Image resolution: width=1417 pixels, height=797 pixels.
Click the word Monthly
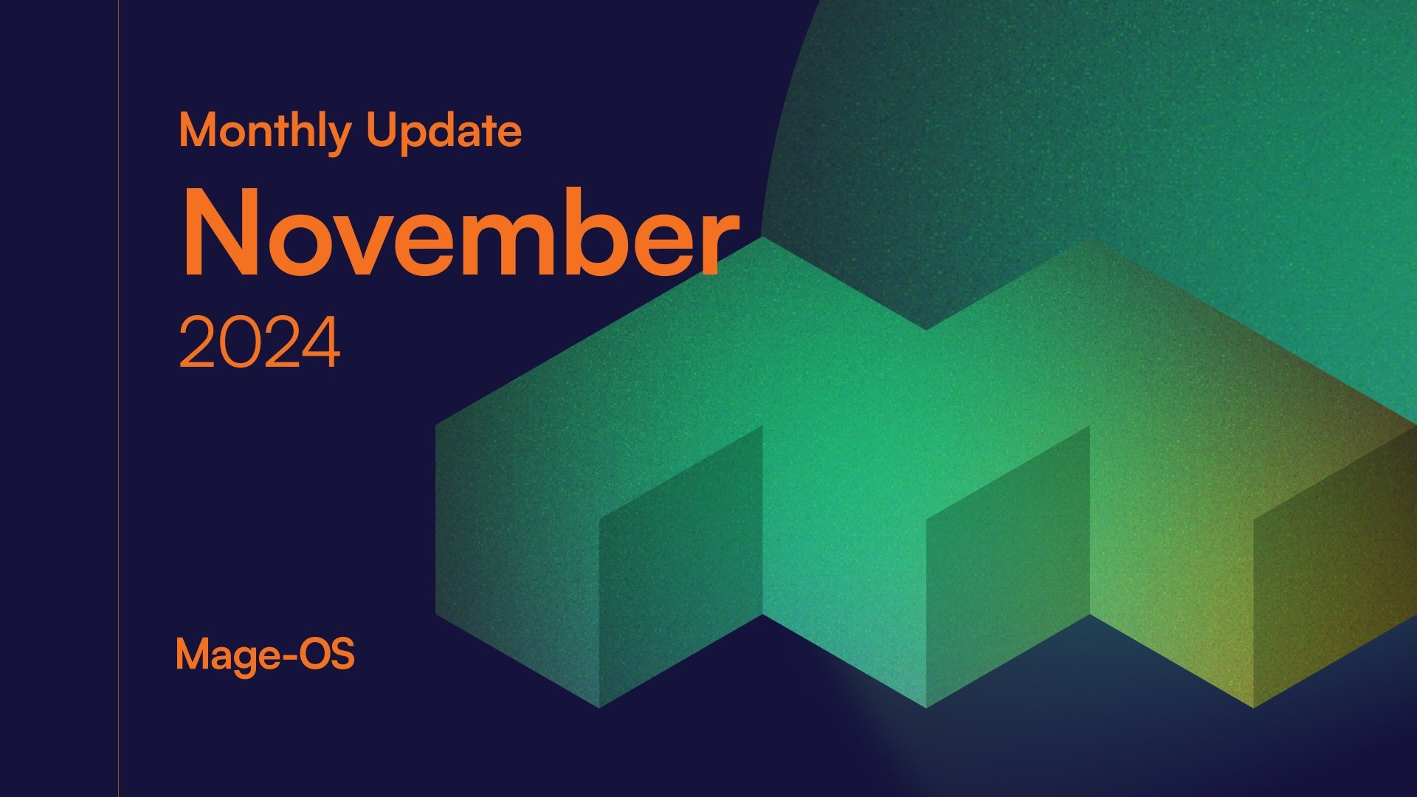coord(264,131)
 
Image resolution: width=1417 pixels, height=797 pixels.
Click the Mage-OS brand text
coord(265,655)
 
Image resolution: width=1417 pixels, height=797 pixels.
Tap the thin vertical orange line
coord(118,398)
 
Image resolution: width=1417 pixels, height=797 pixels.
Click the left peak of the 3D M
coord(763,241)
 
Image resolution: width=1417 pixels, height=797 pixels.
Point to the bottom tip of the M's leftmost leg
coord(599,705)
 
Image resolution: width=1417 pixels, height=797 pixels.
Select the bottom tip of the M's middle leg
coord(926,705)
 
